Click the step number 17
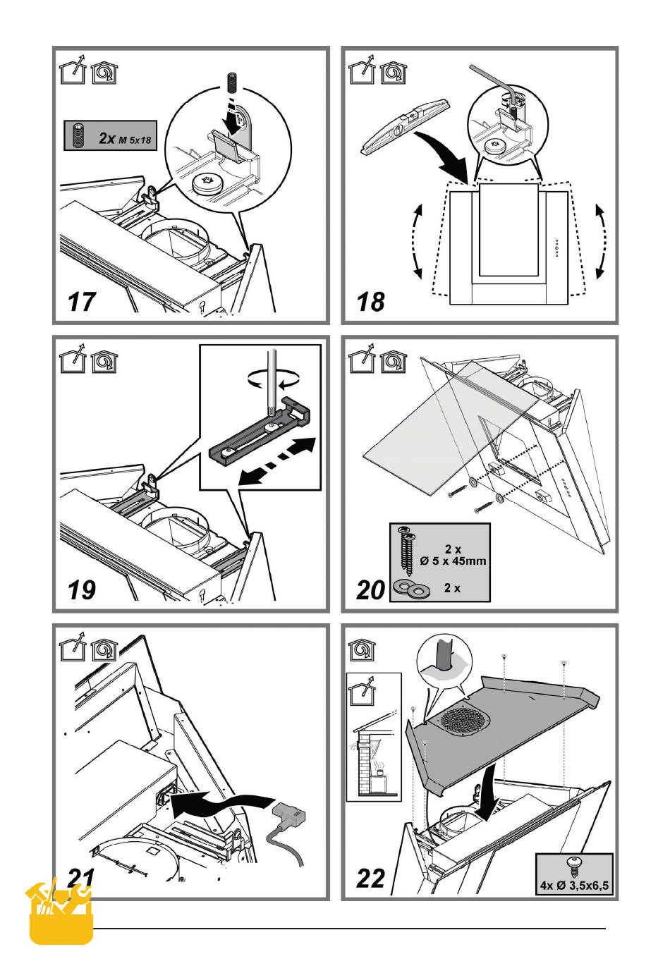80,302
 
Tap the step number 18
370,302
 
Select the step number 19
81,590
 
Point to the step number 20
370,590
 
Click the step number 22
370,878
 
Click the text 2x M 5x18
125,138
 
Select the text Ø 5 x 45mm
453,561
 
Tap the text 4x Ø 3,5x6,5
574,883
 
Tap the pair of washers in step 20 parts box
409,589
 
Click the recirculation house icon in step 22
362,650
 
